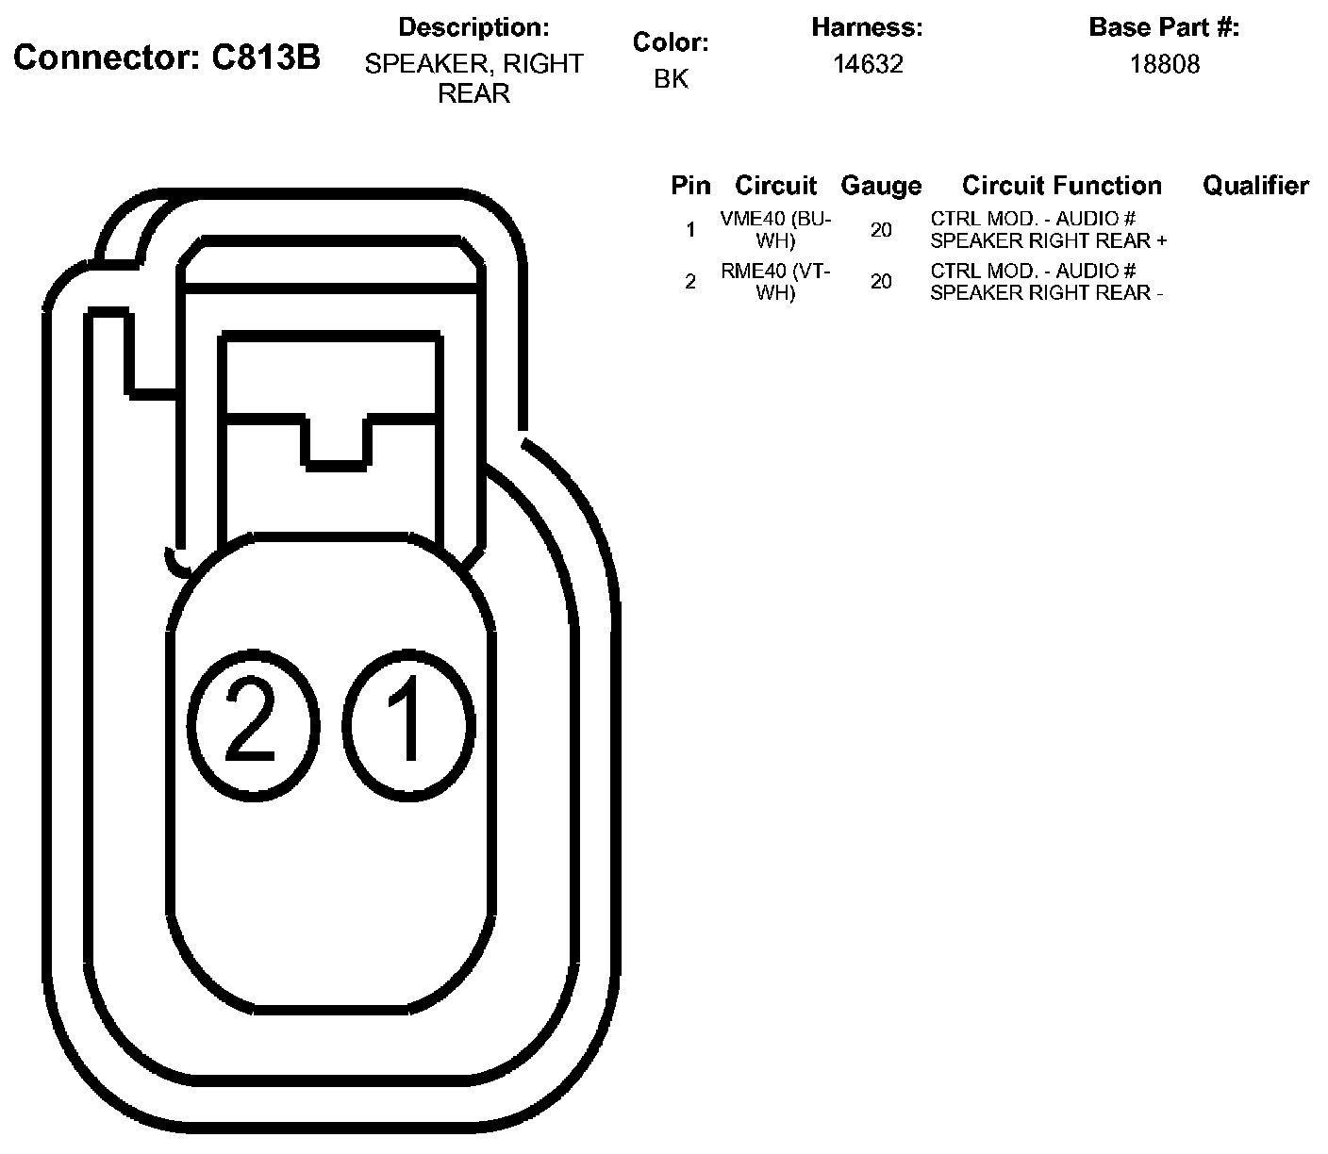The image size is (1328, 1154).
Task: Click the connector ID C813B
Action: pyautogui.click(x=265, y=58)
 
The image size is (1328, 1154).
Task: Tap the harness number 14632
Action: pyautogui.click(x=868, y=64)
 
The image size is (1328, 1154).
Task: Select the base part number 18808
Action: pyautogui.click(x=1165, y=64)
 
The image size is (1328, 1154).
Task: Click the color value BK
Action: pyautogui.click(x=671, y=78)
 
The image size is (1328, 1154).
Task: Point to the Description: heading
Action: pyautogui.click(x=473, y=27)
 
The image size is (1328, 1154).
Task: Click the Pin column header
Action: pyautogui.click(x=690, y=186)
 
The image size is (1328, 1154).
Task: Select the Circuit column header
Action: pyautogui.click(x=775, y=186)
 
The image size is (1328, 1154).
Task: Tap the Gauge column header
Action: pyautogui.click(x=881, y=186)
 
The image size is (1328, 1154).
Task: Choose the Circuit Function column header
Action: pyautogui.click(x=1062, y=186)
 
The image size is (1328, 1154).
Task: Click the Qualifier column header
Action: pyautogui.click(x=1256, y=186)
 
